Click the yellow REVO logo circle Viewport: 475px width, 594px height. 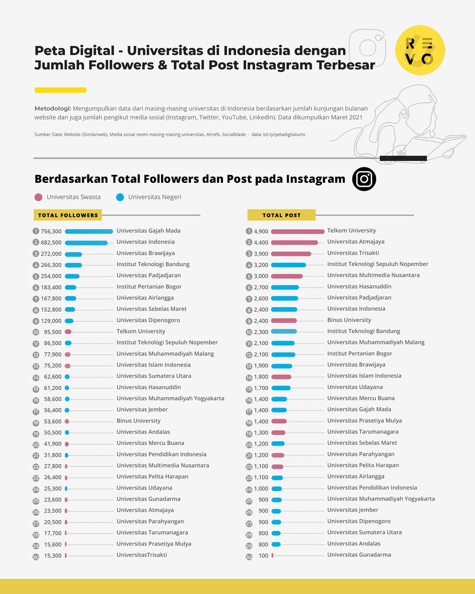[420, 50]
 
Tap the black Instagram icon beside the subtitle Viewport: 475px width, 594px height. [364, 179]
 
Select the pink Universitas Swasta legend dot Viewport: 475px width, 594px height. [39, 197]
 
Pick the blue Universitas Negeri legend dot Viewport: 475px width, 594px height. [120, 197]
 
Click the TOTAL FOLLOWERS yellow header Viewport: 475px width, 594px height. [68, 215]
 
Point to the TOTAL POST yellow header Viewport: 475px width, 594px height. [281, 215]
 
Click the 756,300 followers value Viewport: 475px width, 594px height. [51, 232]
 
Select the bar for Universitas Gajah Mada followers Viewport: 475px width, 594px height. [89, 232]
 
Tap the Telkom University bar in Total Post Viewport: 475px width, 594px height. [297, 231]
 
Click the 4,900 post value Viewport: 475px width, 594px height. [261, 231]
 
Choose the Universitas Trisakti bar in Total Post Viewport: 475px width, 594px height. [291, 254]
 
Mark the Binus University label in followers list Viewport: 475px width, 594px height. [138, 421]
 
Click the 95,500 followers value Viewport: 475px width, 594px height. [52, 332]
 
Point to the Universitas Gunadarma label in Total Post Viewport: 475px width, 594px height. [359, 555]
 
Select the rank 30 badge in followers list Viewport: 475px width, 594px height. [36, 556]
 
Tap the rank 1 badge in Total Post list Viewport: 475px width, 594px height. [249, 231]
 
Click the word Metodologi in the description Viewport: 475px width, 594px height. [52, 108]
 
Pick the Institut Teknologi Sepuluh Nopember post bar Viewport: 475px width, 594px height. [288, 265]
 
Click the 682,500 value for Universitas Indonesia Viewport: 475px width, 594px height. [51, 243]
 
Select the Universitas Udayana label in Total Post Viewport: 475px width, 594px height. [355, 387]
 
